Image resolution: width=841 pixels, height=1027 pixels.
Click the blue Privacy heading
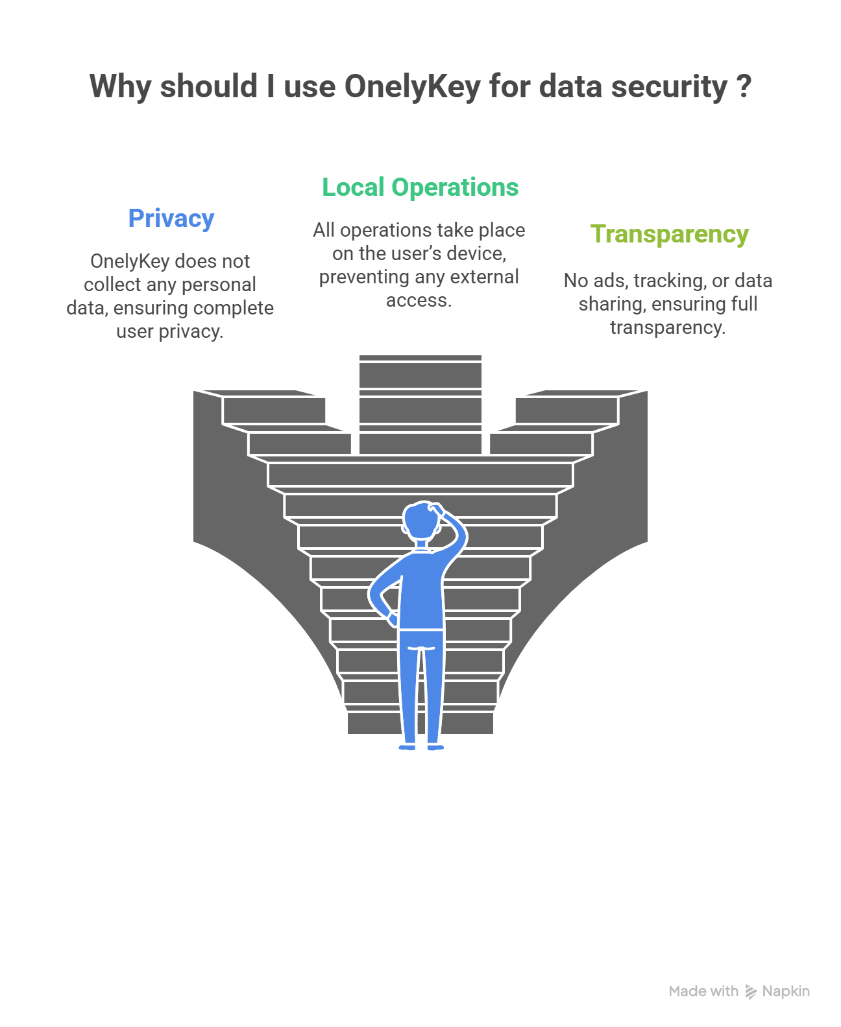pos(171,218)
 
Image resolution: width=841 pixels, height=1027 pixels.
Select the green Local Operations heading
pos(421,187)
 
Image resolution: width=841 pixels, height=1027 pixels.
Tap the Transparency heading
pos(669,234)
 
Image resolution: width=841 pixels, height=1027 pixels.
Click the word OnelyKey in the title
pos(412,86)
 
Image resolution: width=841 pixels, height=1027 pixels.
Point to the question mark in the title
pos(744,86)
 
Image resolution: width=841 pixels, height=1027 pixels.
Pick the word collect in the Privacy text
pos(112,285)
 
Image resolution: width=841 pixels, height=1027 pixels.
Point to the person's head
pos(419,520)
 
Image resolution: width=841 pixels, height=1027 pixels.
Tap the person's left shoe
pos(407,748)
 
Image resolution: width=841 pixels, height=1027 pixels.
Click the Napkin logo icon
pos(751,991)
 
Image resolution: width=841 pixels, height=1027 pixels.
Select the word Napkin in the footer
pos(786,991)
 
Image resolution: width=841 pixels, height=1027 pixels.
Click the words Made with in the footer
pos(703,991)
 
